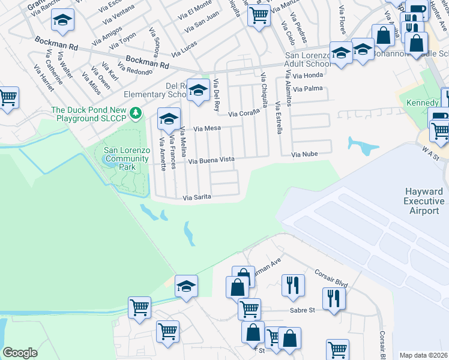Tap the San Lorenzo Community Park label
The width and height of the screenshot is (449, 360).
[126, 158]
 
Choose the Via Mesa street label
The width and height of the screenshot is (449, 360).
[207, 128]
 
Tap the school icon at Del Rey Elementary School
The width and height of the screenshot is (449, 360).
[198, 91]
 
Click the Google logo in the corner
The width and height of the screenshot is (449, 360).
[20, 353]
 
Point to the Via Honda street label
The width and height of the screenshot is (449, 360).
[308, 76]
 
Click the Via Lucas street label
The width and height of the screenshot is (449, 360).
[184, 49]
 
